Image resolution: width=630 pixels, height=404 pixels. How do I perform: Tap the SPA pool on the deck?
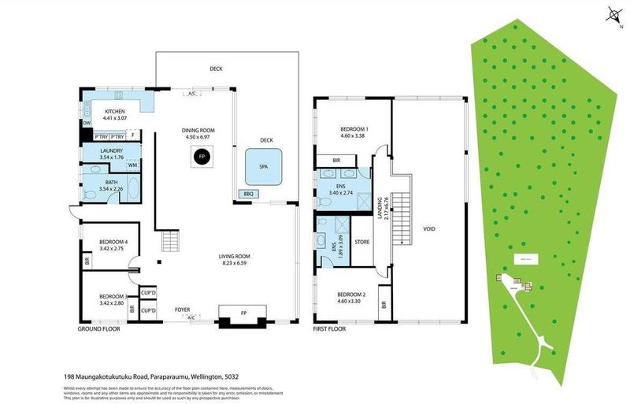coord(264,167)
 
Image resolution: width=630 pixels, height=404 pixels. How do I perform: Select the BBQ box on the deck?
coord(249,193)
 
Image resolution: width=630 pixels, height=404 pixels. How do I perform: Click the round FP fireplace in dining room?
coord(202,157)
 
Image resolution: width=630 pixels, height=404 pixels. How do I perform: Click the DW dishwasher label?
coord(86,123)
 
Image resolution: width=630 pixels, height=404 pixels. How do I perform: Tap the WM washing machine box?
coord(133,165)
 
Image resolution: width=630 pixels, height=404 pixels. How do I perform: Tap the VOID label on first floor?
coord(428,229)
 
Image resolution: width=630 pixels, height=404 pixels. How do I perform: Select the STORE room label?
coord(362,242)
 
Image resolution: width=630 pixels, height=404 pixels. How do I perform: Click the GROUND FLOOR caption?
coord(98,328)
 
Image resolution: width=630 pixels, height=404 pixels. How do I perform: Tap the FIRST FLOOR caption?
coord(332,328)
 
